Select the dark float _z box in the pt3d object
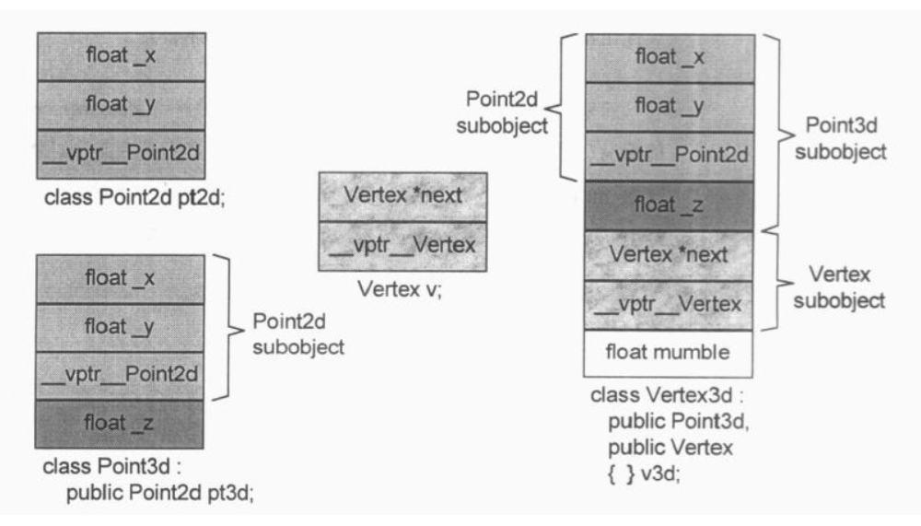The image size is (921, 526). [x=120, y=425]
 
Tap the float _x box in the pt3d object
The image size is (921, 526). [x=120, y=278]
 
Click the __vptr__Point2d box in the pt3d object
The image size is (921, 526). [x=120, y=376]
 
